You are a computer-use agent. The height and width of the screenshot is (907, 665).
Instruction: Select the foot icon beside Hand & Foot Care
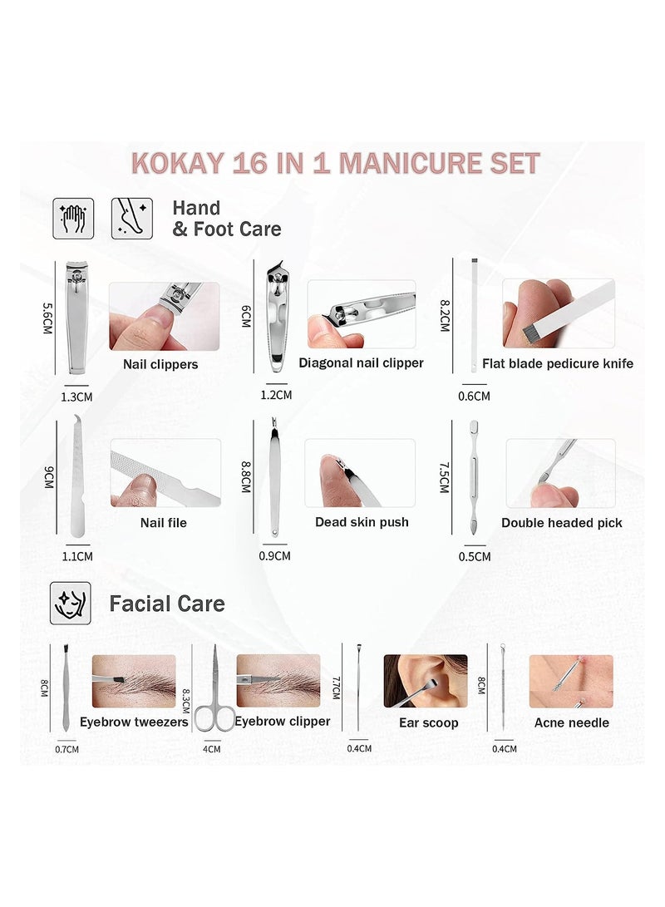pyautogui.click(x=131, y=218)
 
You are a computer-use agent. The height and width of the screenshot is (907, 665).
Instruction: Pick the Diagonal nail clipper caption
pyautogui.click(x=361, y=362)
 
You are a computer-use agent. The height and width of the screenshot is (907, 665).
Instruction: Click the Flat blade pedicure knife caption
pyautogui.click(x=568, y=363)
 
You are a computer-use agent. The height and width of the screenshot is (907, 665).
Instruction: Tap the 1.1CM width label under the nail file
pyautogui.click(x=76, y=556)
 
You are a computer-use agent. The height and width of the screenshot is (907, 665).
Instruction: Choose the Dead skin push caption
pyautogui.click(x=362, y=522)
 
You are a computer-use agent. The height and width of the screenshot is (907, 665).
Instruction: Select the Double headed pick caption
pyautogui.click(x=562, y=523)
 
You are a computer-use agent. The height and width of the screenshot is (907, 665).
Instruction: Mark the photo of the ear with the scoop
pyautogui.click(x=425, y=681)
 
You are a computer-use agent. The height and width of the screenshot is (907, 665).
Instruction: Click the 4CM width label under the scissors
pyautogui.click(x=212, y=748)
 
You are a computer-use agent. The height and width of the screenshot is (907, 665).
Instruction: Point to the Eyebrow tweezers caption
pyautogui.click(x=134, y=722)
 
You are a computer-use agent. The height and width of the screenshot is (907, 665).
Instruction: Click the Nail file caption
pyautogui.click(x=164, y=523)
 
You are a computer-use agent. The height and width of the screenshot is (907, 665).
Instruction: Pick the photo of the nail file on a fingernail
pyautogui.click(x=165, y=473)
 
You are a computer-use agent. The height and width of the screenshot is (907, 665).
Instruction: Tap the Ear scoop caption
pyautogui.click(x=428, y=722)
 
